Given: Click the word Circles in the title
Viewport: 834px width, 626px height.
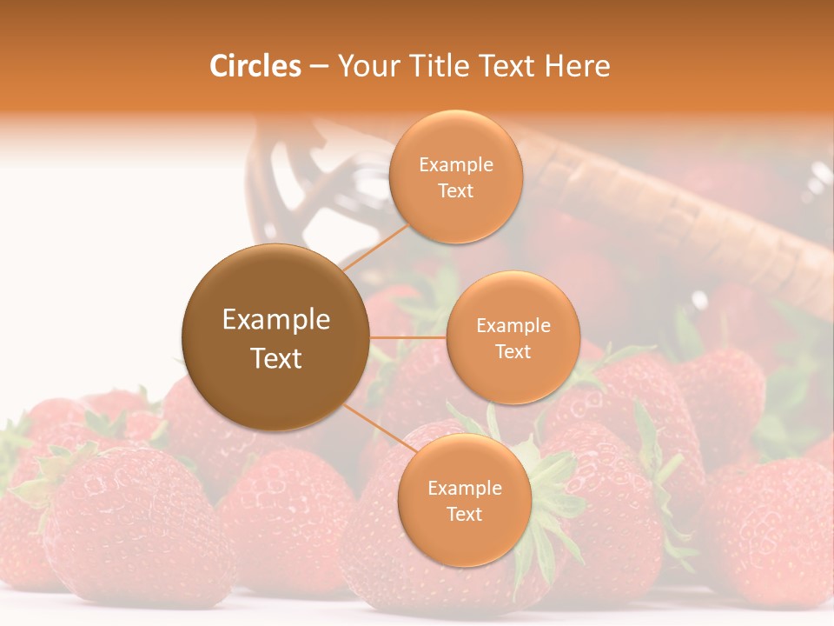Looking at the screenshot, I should click(255, 66).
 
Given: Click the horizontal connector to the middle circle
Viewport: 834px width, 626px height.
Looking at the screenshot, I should click(407, 337).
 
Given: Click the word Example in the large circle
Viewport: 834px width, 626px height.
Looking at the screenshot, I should click(275, 320).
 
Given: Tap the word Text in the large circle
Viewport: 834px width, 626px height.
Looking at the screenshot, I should click(275, 358).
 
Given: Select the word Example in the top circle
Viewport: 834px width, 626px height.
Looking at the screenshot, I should click(455, 165).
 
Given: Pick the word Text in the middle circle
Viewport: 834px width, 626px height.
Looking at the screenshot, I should click(513, 351).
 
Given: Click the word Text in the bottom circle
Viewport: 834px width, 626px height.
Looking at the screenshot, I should click(464, 514).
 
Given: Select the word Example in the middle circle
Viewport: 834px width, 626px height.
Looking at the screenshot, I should click(513, 326).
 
